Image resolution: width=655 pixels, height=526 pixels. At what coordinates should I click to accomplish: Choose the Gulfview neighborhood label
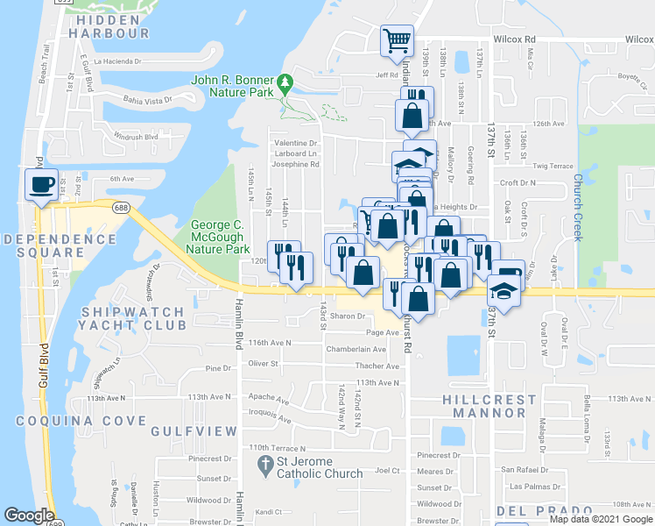(x=194, y=431)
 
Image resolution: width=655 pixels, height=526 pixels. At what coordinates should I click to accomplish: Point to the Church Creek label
(x=578, y=208)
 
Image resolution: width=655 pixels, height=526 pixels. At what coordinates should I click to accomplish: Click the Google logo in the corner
(x=29, y=515)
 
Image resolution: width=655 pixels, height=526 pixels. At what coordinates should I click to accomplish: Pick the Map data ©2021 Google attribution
(x=601, y=519)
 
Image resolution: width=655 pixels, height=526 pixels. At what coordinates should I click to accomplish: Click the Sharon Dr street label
(x=348, y=316)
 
